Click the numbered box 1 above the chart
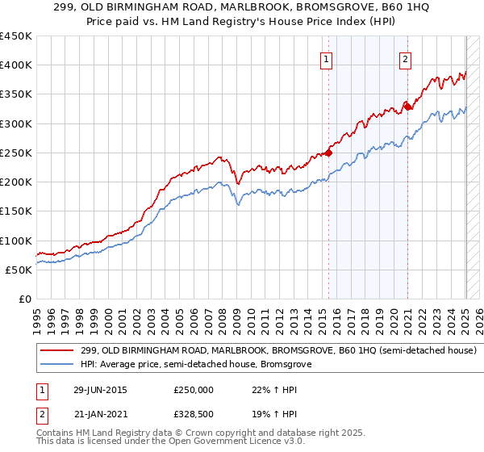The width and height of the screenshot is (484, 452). click(x=326, y=58)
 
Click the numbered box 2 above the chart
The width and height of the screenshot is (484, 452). click(x=404, y=58)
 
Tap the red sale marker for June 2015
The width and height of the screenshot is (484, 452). click(x=329, y=152)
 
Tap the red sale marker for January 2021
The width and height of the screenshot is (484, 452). click(x=408, y=106)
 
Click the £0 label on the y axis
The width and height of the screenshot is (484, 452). click(x=25, y=299)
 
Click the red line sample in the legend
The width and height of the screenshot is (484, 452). click(x=57, y=351)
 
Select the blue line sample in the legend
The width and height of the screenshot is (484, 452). click(x=57, y=365)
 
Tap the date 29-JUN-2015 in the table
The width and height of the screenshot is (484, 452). click(x=99, y=390)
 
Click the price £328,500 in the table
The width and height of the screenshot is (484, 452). click(x=194, y=413)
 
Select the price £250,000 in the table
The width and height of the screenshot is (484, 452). click(x=194, y=390)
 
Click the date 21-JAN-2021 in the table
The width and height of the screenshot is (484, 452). click(x=99, y=413)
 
